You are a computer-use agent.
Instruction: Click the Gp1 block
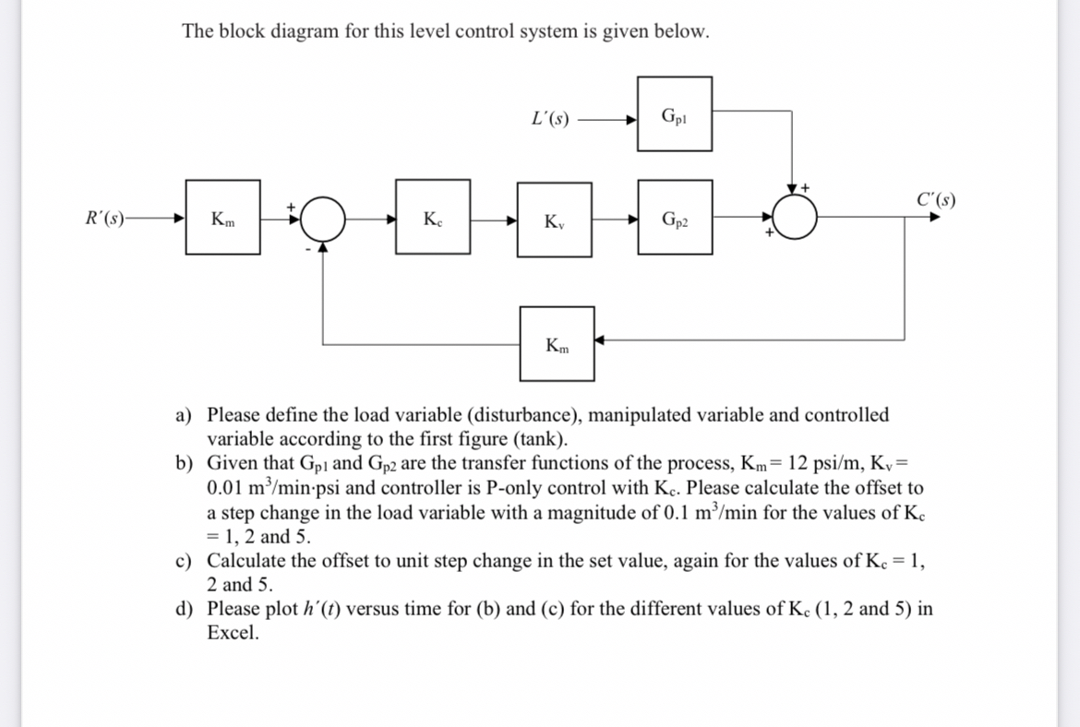[674, 114]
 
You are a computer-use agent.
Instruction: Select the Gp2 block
[674, 219]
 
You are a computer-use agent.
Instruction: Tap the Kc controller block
[432, 219]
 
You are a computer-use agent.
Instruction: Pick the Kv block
[554, 220]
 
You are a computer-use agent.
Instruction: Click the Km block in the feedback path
[557, 344]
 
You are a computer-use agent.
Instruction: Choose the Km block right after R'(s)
[222, 219]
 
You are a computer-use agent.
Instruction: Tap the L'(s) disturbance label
[551, 118]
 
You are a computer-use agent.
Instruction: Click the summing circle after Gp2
[794, 219]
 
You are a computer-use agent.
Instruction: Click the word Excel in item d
[232, 633]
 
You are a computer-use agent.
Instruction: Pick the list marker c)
[186, 560]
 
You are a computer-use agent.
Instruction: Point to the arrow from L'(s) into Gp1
[607, 119]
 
